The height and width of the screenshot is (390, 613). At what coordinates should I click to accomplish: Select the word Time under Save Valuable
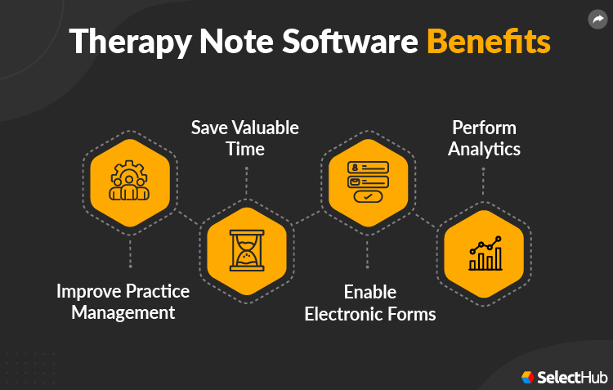(246, 149)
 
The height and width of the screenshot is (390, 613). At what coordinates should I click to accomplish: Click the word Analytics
(484, 149)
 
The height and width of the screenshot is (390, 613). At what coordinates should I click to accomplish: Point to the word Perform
(484, 128)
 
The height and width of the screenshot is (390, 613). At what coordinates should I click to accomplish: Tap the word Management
(123, 312)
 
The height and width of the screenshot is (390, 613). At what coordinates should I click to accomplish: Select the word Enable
(369, 292)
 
